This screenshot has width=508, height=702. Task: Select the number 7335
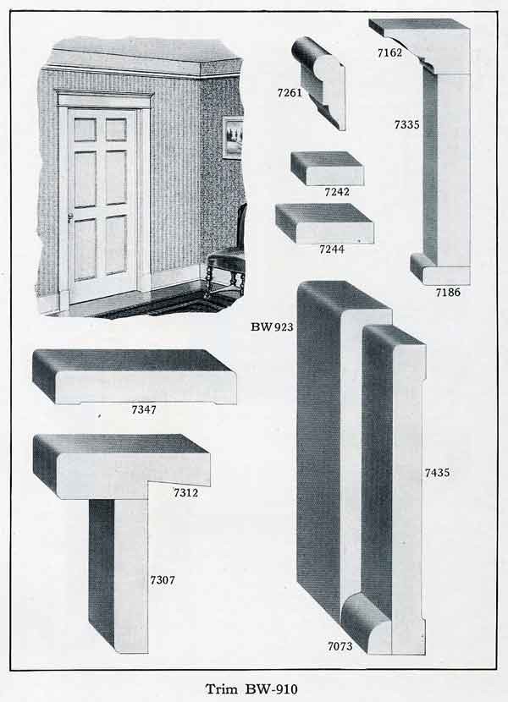click(406, 125)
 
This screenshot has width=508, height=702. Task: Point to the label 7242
click(336, 192)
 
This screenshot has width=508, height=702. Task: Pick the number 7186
click(448, 292)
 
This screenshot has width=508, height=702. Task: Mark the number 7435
click(438, 473)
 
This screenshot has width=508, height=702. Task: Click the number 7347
click(145, 410)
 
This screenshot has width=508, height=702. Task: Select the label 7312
click(185, 492)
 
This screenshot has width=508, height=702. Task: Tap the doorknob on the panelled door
click(69, 217)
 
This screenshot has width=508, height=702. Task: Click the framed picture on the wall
click(233, 138)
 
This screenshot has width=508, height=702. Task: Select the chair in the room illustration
click(224, 254)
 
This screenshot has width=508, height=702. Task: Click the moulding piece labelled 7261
click(319, 82)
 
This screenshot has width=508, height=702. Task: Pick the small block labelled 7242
click(327, 167)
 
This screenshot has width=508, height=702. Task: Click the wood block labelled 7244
click(324, 222)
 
